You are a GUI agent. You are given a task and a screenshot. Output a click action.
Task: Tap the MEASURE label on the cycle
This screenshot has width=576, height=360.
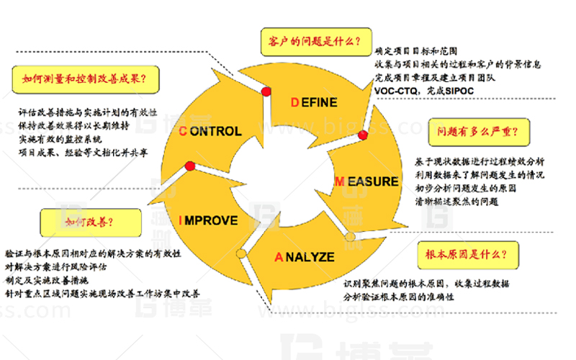click(366, 181)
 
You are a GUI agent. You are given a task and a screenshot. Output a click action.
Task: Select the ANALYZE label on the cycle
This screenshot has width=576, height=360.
click(305, 256)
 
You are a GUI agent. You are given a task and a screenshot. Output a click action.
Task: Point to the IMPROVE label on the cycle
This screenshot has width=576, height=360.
click(208, 220)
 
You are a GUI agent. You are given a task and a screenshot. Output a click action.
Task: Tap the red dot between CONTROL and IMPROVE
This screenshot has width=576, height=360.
click(190, 166)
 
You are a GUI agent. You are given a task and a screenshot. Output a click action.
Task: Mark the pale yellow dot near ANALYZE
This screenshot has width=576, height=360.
click(351, 237)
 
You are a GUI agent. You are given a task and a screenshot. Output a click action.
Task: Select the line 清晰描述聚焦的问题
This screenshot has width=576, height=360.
click(457, 202)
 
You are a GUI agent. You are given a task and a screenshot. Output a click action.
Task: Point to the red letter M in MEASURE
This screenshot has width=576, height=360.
click(338, 181)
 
